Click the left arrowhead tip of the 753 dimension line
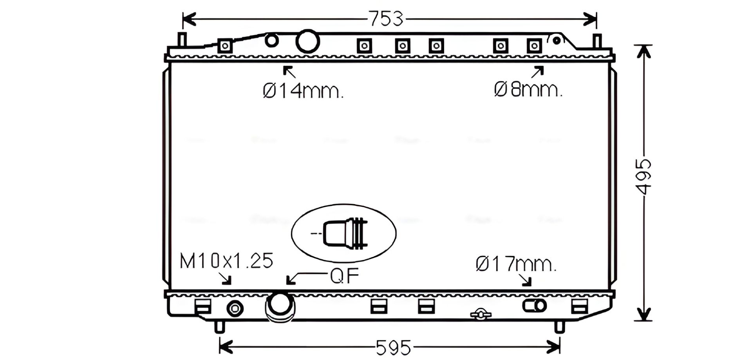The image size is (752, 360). pyautogui.click(x=183, y=19)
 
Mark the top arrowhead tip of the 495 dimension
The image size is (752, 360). pyautogui.click(x=643, y=45)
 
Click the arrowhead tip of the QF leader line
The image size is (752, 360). pyautogui.click(x=287, y=284)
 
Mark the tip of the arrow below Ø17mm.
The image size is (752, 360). pyautogui.click(x=530, y=285)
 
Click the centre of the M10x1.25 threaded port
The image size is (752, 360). pyautogui.click(x=235, y=309)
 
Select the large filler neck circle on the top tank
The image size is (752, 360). pyautogui.click(x=307, y=42)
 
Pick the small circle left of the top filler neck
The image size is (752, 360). pyautogui.click(x=271, y=40)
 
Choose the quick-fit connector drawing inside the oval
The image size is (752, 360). pyautogui.click(x=345, y=233)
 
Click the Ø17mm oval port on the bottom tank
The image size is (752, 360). pyautogui.click(x=534, y=306)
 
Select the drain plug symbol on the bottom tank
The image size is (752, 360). pyautogui.click(x=481, y=314)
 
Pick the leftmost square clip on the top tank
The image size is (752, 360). pyautogui.click(x=225, y=46)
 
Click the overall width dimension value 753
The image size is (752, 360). pyautogui.click(x=386, y=19)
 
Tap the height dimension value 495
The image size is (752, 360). pyautogui.click(x=643, y=177)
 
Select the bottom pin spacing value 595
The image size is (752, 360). pyautogui.click(x=393, y=347)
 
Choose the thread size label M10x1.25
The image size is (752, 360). pyautogui.click(x=226, y=261)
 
